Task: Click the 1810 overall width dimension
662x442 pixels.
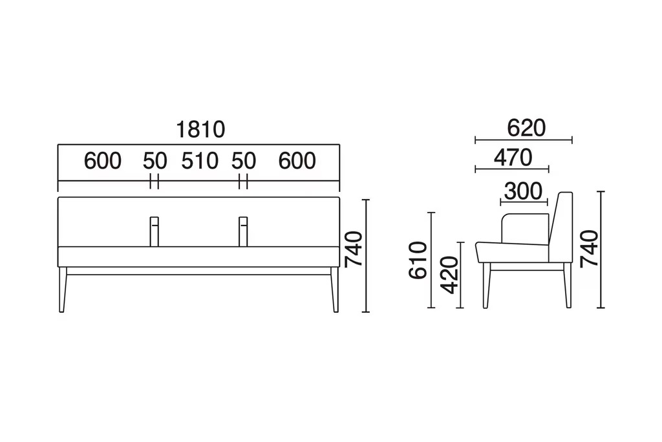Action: pyautogui.click(x=200, y=130)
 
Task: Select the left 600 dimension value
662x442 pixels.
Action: pyautogui.click(x=103, y=161)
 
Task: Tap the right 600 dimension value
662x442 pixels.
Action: pyautogui.click(x=297, y=161)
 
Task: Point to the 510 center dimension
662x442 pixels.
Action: pyautogui.click(x=200, y=161)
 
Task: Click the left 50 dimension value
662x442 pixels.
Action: pyautogui.click(x=155, y=161)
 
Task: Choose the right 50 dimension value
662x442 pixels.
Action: pyautogui.click(x=244, y=161)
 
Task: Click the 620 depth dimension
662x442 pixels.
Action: pyautogui.click(x=526, y=128)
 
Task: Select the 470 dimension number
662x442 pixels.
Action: pyautogui.click(x=513, y=158)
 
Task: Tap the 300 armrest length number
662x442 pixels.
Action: pyautogui.click(x=524, y=191)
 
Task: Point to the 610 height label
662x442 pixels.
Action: pyautogui.click(x=418, y=260)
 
